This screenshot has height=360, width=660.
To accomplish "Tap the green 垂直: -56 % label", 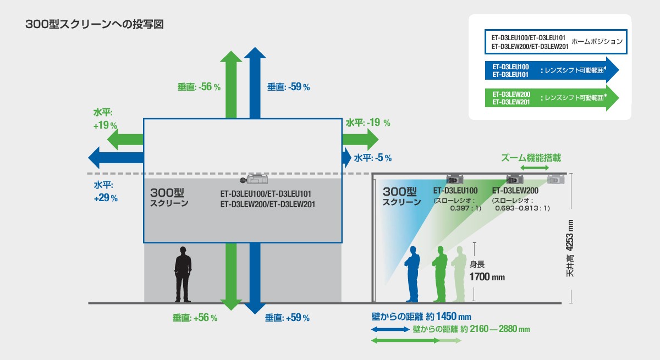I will tap(199, 87).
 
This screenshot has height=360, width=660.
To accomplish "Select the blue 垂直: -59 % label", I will tap(288, 87).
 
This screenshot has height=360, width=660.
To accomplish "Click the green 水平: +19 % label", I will tap(105, 118).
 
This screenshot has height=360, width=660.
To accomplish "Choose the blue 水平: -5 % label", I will tap(372, 158).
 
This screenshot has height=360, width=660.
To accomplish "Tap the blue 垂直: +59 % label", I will tap(287, 318).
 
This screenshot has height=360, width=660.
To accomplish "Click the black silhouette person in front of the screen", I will tap(183, 274).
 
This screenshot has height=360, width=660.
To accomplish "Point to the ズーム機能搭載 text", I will tap(531, 158).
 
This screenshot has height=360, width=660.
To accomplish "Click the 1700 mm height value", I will tap(487, 277).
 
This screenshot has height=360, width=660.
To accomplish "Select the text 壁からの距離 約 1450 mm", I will tap(421, 317).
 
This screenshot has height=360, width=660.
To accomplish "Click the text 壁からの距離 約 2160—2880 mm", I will tap(471, 329).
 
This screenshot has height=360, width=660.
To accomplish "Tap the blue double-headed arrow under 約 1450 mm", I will tap(390, 329).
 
